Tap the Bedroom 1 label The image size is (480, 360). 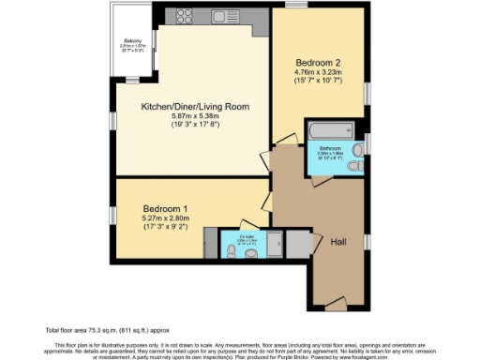pos(165,208)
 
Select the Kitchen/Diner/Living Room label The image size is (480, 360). pos(195,107)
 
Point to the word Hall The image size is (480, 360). pos(338,242)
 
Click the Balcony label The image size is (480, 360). pos(133,40)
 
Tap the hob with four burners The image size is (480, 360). pos(182,17)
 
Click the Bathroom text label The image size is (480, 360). pos(329,148)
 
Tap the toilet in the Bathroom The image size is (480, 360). pos(354,165)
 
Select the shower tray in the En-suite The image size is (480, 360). pos(209,242)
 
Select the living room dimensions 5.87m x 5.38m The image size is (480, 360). pos(195,117)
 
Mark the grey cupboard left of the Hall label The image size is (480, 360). pos(299,243)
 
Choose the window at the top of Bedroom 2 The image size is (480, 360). pos(298,6)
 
